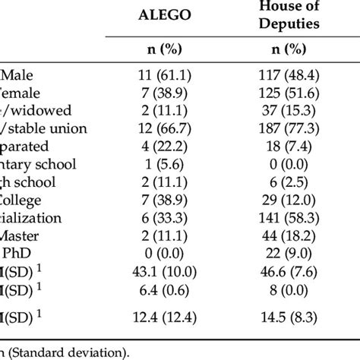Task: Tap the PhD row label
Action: pyautogui.click(x=15, y=252)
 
